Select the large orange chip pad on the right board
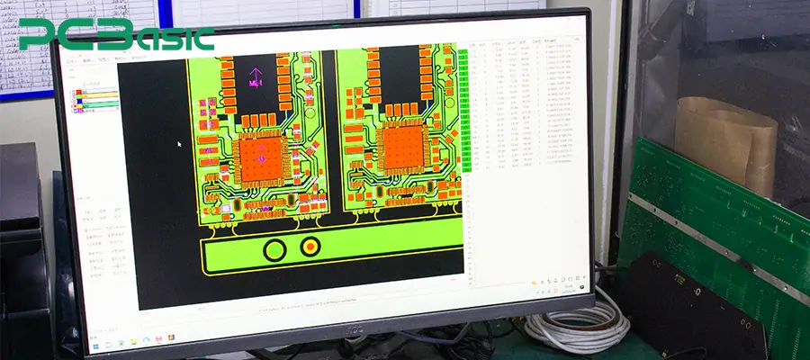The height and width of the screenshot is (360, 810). click(400, 148)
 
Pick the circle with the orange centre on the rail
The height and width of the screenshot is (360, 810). click(310, 247)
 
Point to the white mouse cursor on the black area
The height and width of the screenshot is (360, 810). click(179, 143)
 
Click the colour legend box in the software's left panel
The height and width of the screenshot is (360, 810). click(96, 99)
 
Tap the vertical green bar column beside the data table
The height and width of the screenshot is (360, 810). click(463, 108)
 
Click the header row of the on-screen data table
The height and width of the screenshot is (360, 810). click(522, 43)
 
